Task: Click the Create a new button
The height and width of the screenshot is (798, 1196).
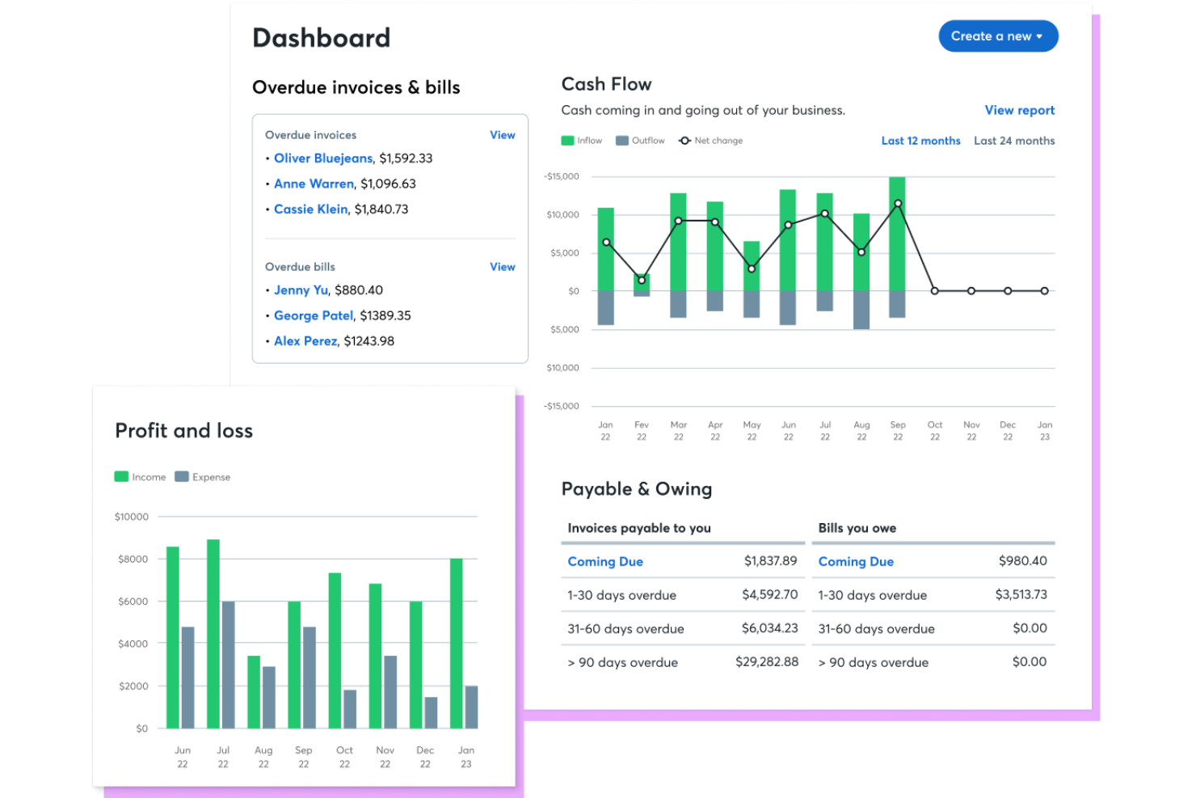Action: click(997, 36)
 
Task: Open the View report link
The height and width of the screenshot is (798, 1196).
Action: click(1019, 110)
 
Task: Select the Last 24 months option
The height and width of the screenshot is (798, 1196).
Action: click(1013, 141)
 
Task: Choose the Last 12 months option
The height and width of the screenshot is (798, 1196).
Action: click(920, 141)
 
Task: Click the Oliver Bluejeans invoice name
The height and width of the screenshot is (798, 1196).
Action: click(323, 158)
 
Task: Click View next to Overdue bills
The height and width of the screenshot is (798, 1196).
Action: click(502, 267)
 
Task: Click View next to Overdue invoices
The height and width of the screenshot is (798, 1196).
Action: click(502, 135)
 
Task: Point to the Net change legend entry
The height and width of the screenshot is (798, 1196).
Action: click(710, 141)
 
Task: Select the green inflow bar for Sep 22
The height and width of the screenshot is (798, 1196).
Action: click(897, 234)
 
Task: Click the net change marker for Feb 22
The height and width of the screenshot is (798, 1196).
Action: click(642, 281)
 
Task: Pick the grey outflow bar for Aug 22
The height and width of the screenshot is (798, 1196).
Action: click(861, 310)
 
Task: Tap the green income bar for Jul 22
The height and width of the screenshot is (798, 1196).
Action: click(213, 634)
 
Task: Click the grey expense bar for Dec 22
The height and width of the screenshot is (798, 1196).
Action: click(431, 712)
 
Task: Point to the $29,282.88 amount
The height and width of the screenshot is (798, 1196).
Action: click(766, 662)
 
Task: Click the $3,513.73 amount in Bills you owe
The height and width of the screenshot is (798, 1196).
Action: click(1021, 595)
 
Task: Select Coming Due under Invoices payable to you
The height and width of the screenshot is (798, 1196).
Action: click(605, 562)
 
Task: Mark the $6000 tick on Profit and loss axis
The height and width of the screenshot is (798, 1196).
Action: click(133, 602)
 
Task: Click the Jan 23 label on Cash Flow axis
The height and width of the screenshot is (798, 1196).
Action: click(1044, 431)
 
